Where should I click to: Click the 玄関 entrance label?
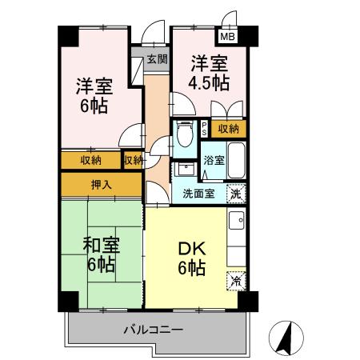pyautogui.click(x=158, y=59)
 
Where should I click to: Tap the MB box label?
pyautogui.click(x=228, y=37)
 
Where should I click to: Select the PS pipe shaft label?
pyautogui.click(x=205, y=128)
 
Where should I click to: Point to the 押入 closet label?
pyautogui.click(x=102, y=185)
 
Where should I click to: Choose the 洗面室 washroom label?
pyautogui.click(x=198, y=193)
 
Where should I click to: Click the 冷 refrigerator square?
pyautogui.click(x=236, y=281)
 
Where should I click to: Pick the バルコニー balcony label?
pyautogui.click(x=154, y=329)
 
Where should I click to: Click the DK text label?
pyautogui.click(x=192, y=247)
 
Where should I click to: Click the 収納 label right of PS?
pyautogui.click(x=228, y=128)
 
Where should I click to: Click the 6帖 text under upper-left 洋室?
pyautogui.click(x=93, y=107)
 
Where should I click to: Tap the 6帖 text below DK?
pyautogui.click(x=192, y=268)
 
